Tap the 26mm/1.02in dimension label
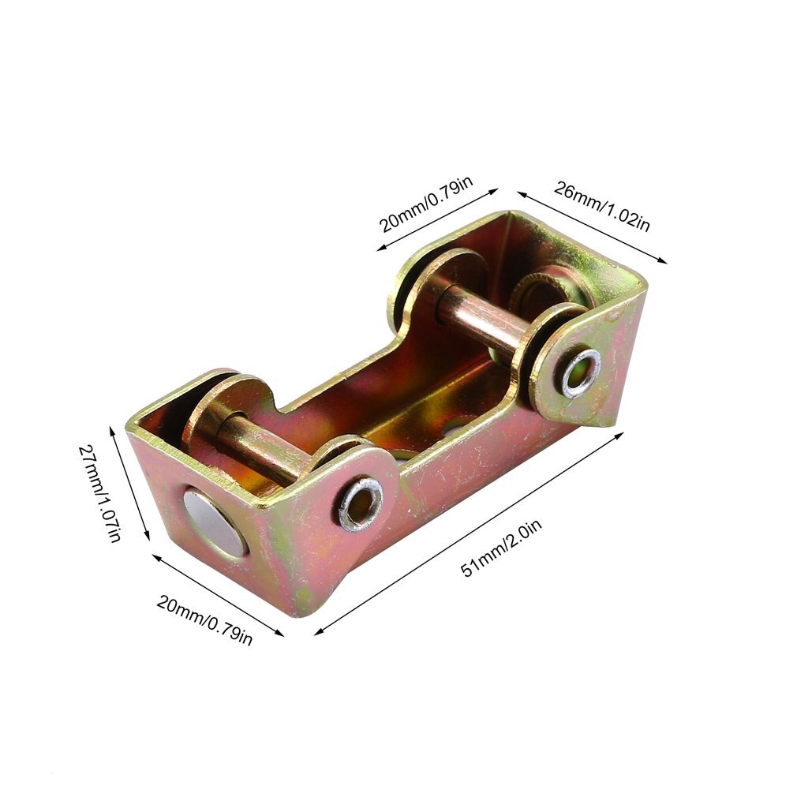point(602,205)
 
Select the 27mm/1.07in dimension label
point(100,493)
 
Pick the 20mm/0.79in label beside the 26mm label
point(426,204)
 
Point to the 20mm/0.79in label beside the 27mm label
point(204,620)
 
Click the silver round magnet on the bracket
point(212,522)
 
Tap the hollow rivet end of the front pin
point(361,502)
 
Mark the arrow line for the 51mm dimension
point(469,533)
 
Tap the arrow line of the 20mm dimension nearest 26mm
point(437,219)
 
